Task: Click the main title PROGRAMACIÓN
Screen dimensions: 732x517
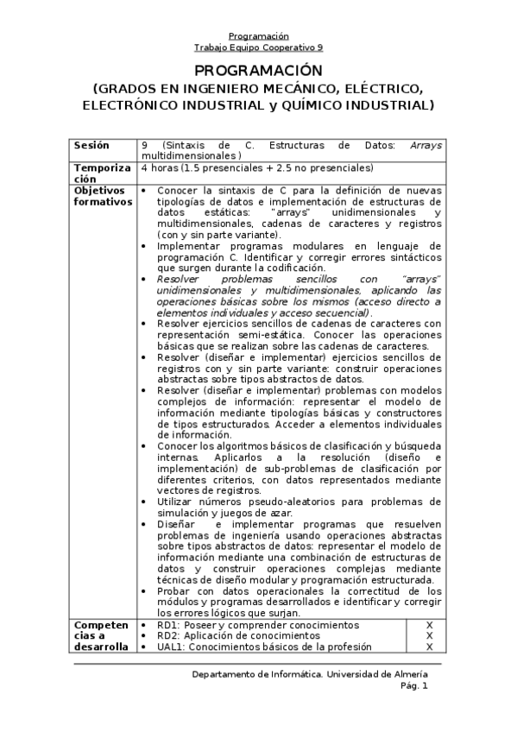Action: tap(258, 70)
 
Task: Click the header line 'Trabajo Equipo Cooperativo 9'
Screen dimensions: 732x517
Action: tap(258, 48)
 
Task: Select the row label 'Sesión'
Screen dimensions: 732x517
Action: tap(92, 145)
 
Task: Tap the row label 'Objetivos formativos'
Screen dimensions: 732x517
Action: tap(103, 196)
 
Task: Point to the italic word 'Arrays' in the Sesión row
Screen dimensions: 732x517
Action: tap(426, 145)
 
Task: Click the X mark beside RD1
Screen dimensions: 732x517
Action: tap(429, 625)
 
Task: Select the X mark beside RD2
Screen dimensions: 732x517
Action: tap(429, 635)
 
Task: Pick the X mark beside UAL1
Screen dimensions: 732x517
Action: tap(429, 647)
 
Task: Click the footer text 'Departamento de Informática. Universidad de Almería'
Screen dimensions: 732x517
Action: tap(309, 674)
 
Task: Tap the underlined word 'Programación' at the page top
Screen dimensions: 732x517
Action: tap(258, 36)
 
